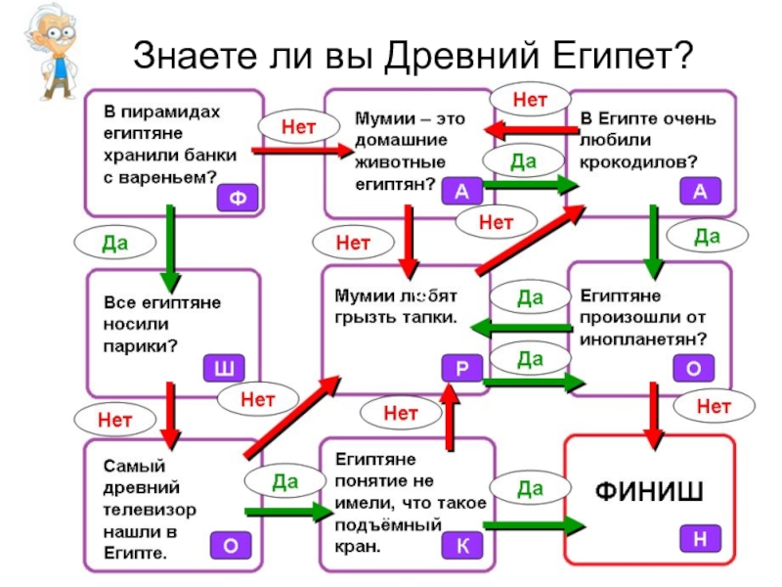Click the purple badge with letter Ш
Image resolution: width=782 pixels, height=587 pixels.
(x=224, y=368)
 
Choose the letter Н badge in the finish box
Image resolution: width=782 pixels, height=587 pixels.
(x=700, y=537)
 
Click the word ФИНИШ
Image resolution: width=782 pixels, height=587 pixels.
(x=649, y=489)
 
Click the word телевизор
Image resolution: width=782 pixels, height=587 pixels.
(x=152, y=510)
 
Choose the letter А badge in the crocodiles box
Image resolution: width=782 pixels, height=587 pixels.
(x=700, y=192)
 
